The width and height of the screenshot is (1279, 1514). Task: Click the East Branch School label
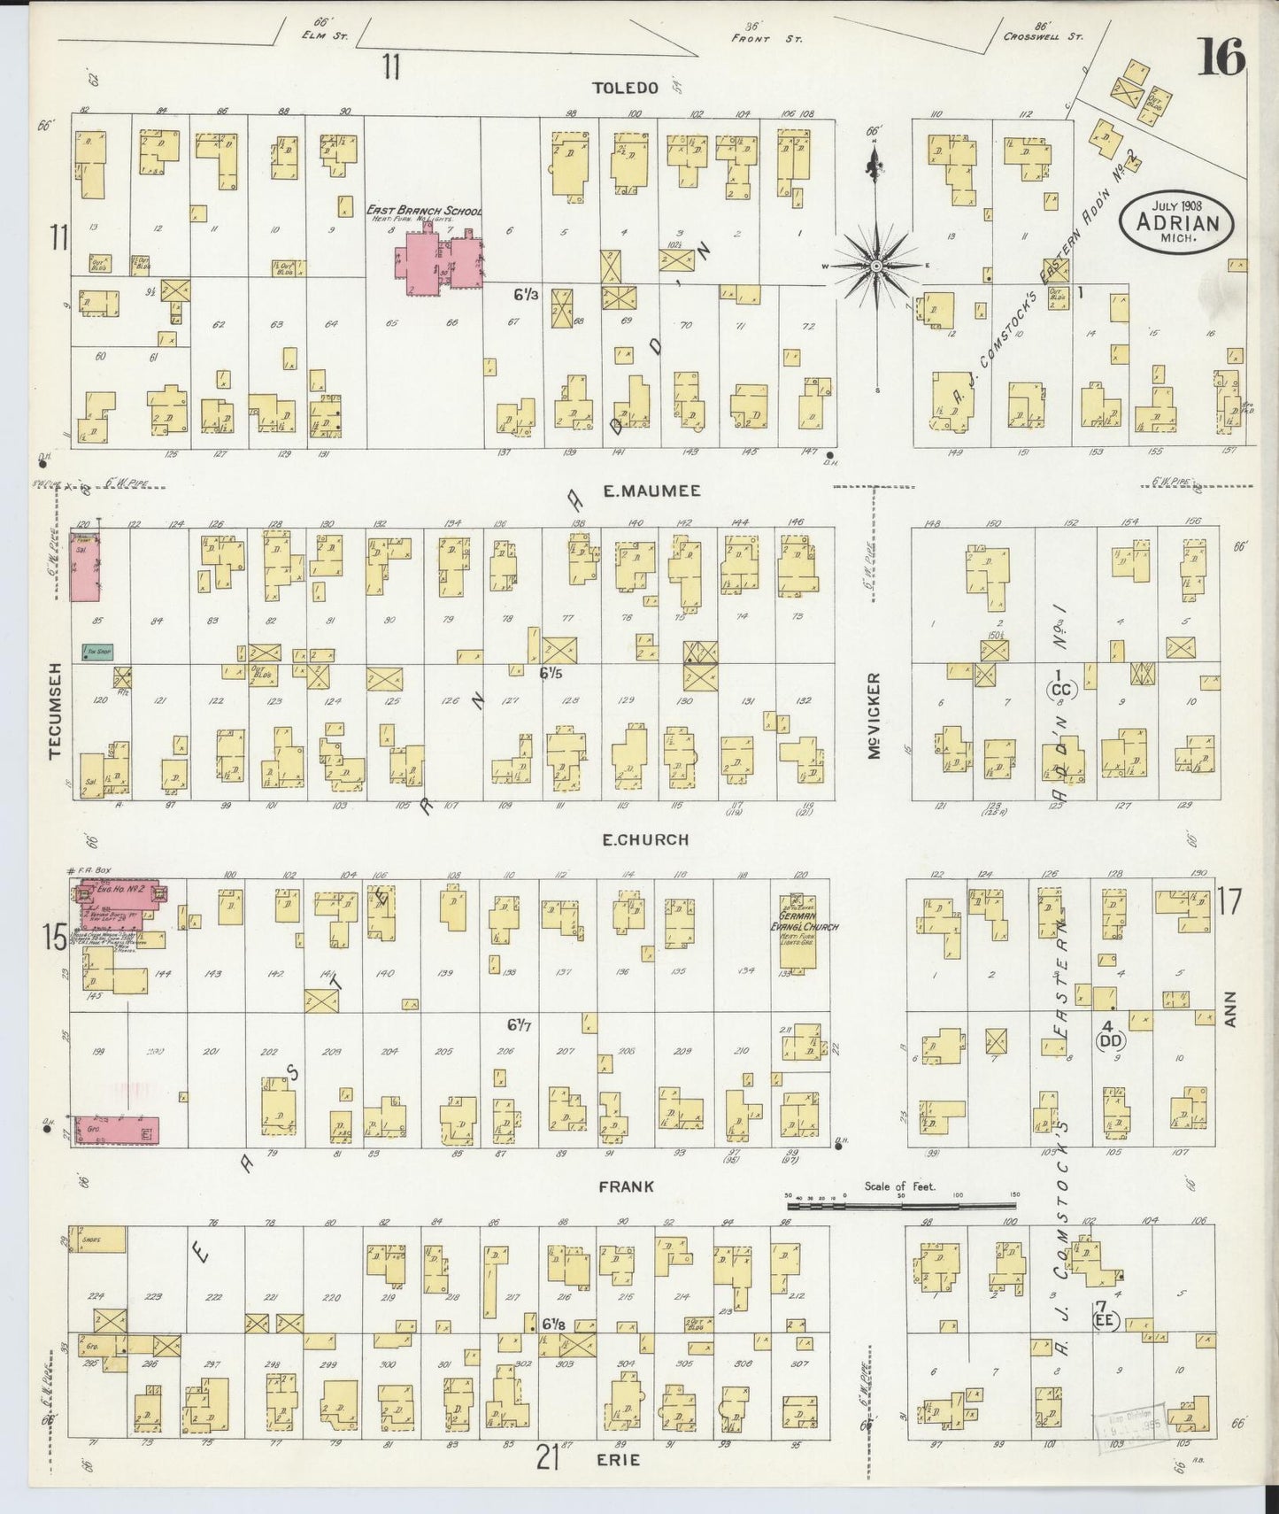pyautogui.click(x=424, y=211)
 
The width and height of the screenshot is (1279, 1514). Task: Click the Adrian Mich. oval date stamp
pyautogui.click(x=1175, y=223)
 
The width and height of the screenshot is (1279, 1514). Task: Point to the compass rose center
pyautogui.click(x=875, y=265)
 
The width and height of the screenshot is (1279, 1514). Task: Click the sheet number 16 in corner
pyautogui.click(x=1221, y=59)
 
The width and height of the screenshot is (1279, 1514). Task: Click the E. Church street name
pyautogui.click(x=644, y=839)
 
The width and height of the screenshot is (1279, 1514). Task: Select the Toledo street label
pyautogui.click(x=626, y=88)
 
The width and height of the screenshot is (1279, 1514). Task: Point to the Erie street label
pyautogui.click(x=619, y=1459)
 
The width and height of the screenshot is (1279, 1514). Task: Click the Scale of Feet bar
pyautogui.click(x=901, y=1205)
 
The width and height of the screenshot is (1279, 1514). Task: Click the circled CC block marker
pyautogui.click(x=1061, y=689)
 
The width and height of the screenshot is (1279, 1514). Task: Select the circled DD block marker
pyautogui.click(x=1109, y=1041)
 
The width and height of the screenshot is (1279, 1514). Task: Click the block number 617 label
pyautogui.click(x=520, y=1024)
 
